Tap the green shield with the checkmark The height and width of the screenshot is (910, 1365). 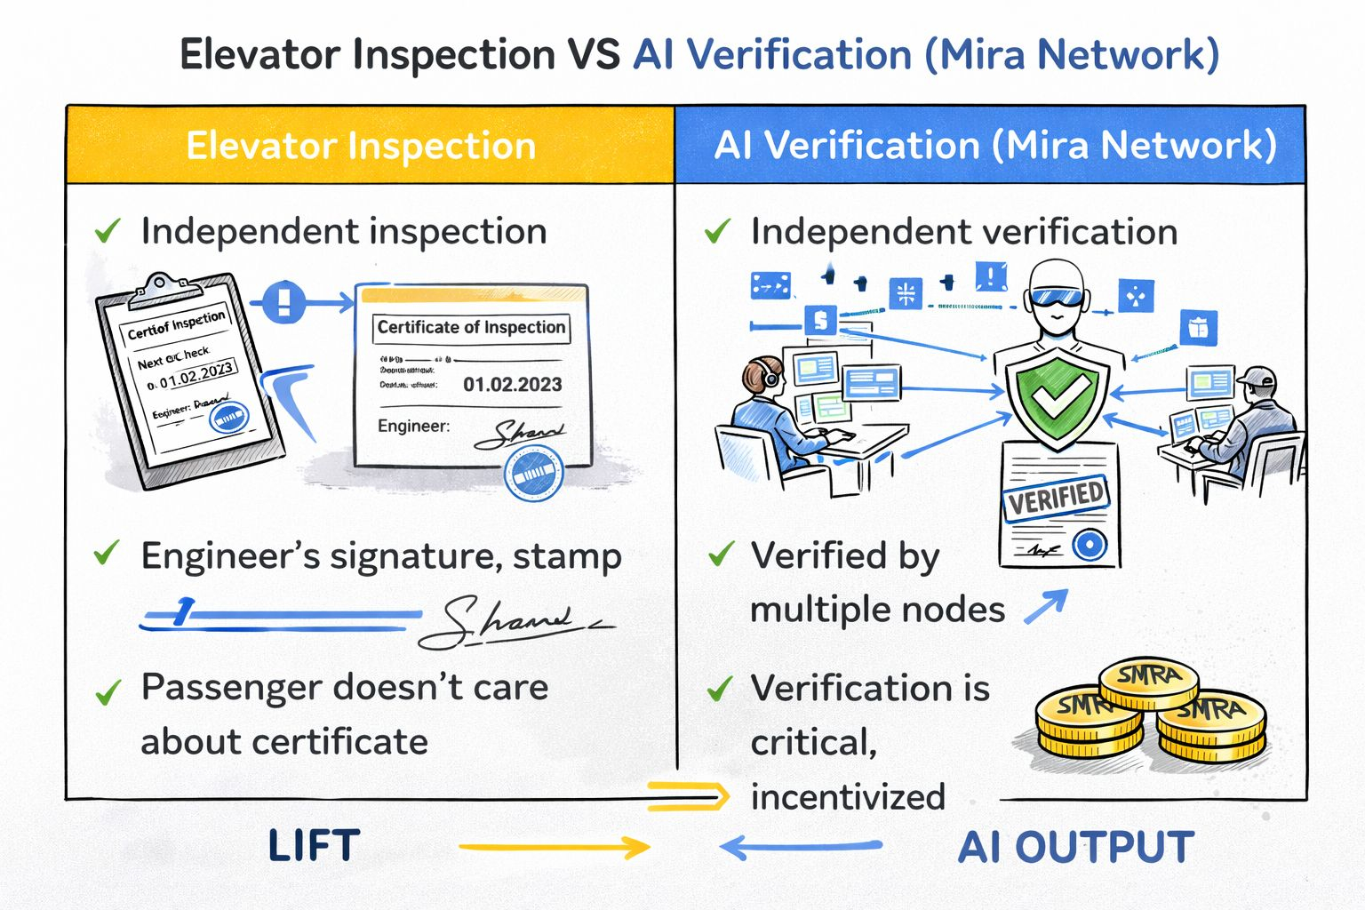1056,397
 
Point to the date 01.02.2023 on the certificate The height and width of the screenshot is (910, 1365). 512,385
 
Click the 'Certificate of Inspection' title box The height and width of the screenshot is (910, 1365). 471,327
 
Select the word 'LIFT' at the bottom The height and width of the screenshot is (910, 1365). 314,846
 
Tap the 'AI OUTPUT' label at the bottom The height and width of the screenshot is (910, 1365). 1075,847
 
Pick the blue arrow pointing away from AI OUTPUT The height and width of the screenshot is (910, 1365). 800,847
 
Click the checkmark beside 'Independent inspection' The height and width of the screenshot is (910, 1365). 107,232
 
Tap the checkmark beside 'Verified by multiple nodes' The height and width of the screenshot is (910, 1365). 720,555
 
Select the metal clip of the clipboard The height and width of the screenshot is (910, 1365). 165,287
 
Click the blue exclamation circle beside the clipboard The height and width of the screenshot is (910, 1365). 283,302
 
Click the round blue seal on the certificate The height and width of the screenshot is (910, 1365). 534,471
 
